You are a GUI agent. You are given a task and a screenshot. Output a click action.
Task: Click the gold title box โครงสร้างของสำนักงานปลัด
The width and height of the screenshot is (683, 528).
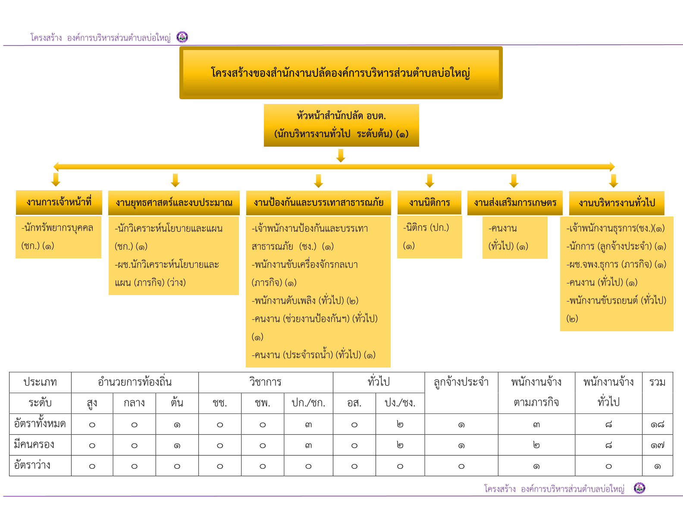341,72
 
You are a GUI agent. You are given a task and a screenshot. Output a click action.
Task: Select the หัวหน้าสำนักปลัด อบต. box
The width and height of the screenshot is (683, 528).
341,125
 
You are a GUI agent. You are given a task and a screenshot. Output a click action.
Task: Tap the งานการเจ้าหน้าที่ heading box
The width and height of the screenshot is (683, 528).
59,202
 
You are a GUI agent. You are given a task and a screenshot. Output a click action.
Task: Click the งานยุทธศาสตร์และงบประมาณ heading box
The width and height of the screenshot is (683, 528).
174,203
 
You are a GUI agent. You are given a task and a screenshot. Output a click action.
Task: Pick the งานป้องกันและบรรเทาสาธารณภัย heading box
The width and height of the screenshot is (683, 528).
318,203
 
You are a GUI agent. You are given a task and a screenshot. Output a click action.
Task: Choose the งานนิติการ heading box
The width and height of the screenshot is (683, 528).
429,202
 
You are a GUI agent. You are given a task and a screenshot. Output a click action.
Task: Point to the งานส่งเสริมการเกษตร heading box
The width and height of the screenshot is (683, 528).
515,203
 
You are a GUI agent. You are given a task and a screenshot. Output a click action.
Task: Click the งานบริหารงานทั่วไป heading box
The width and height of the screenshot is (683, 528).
617,203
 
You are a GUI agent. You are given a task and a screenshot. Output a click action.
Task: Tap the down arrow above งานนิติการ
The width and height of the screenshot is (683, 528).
429,181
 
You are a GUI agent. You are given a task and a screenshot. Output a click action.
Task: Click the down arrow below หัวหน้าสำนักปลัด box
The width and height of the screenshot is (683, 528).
341,156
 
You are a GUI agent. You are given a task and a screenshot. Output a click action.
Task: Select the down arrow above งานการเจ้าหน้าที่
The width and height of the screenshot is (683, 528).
56,179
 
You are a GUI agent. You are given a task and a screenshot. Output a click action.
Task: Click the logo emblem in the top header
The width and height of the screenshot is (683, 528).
182,37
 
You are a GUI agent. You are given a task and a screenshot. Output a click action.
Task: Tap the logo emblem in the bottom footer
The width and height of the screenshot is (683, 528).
639,488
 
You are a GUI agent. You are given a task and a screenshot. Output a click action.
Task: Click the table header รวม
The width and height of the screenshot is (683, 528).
657,382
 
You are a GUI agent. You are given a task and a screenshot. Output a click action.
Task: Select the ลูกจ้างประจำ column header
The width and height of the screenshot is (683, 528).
461,382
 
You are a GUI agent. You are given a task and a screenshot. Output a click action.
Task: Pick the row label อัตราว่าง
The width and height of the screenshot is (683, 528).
32,465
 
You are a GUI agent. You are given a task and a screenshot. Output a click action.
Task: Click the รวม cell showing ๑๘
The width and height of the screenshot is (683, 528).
657,424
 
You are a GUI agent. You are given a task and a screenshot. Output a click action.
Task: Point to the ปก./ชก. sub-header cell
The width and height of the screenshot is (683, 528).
308,403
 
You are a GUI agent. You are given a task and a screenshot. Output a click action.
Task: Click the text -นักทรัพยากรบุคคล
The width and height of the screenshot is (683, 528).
57,228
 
